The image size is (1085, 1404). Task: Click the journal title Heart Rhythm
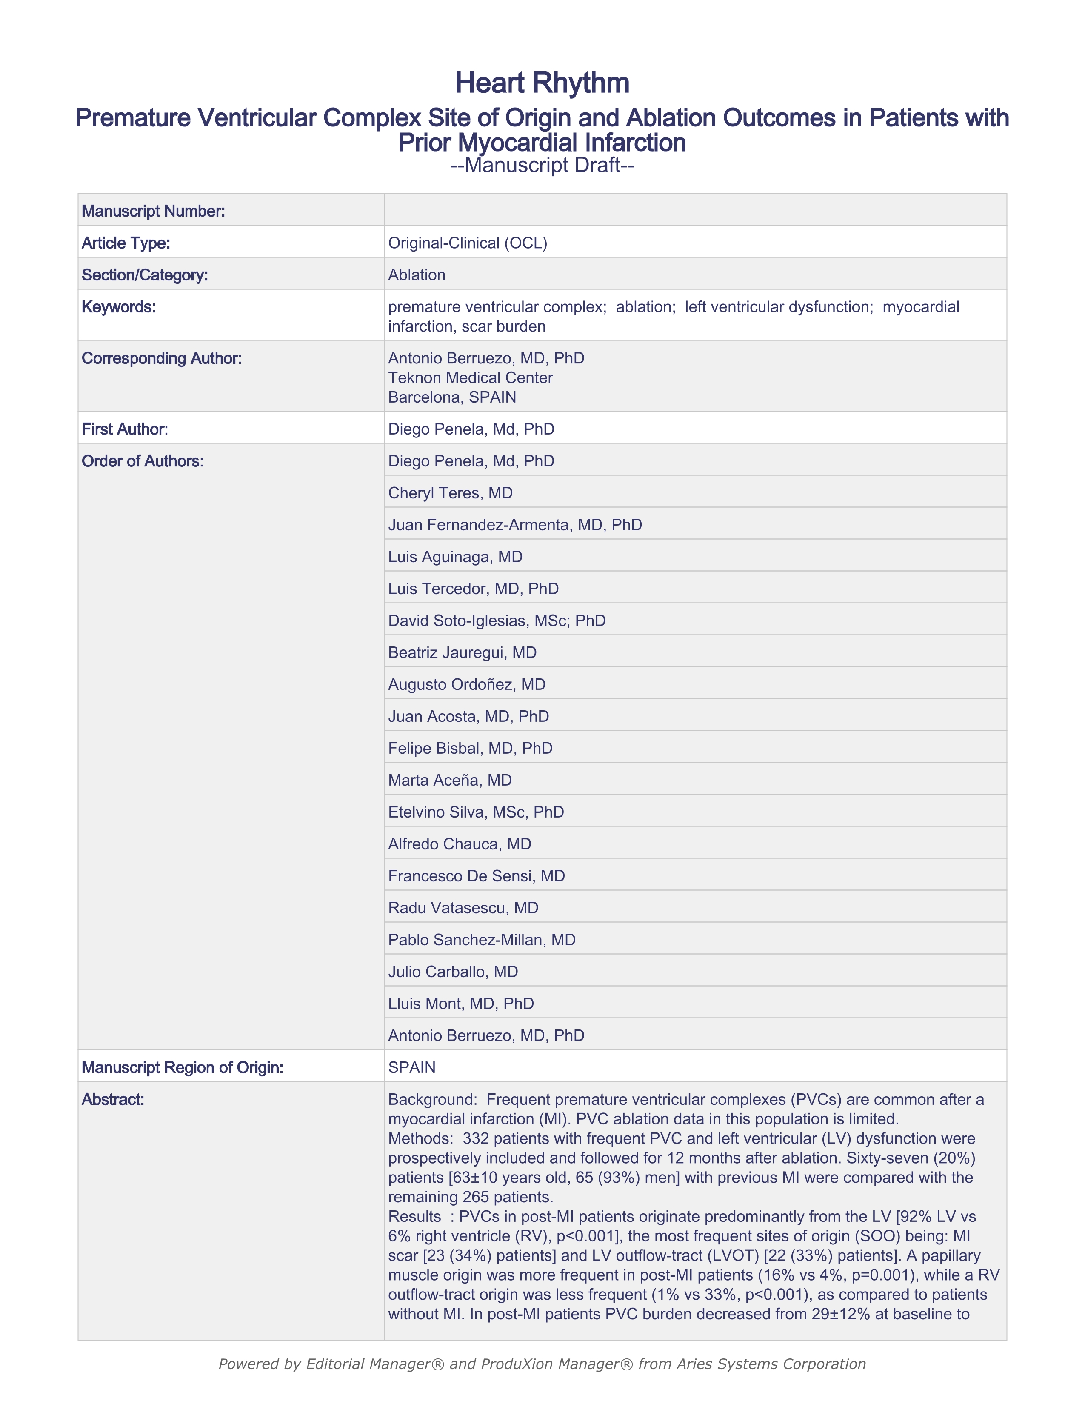542,83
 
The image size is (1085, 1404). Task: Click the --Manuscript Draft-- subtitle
542,165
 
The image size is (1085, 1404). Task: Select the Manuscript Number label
153,211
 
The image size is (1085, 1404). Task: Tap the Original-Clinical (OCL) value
467,243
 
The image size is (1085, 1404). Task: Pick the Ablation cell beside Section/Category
417,275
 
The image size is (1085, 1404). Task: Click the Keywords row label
118,307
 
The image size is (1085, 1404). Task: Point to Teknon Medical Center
470,377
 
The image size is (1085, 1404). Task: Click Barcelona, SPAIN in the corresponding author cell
452,397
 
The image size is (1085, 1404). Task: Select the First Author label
125,429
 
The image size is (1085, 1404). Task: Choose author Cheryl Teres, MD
450,493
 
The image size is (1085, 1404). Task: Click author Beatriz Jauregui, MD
462,652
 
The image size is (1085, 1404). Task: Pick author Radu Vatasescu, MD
463,908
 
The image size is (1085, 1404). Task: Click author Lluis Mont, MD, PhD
461,1004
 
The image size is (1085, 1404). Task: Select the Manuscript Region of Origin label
182,1068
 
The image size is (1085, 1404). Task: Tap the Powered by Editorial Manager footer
542,1364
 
